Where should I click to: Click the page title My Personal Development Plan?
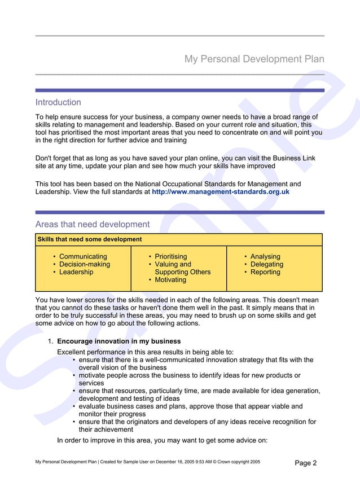click(x=254, y=59)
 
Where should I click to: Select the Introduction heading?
click(x=58, y=102)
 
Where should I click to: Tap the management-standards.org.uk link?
click(x=221, y=192)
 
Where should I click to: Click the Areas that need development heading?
click(x=93, y=224)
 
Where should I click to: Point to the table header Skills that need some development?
click(x=90, y=239)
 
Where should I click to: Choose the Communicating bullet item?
click(x=83, y=256)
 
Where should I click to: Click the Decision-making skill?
click(x=85, y=264)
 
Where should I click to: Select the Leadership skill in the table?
click(x=76, y=272)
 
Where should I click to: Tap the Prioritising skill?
click(x=170, y=256)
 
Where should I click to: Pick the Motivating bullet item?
click(x=170, y=280)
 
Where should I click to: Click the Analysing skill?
click(x=265, y=256)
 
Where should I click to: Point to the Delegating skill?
click(x=266, y=264)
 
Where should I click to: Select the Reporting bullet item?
click(x=265, y=272)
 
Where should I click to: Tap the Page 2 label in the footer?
click(x=306, y=463)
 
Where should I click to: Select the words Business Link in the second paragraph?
click(x=292, y=158)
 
